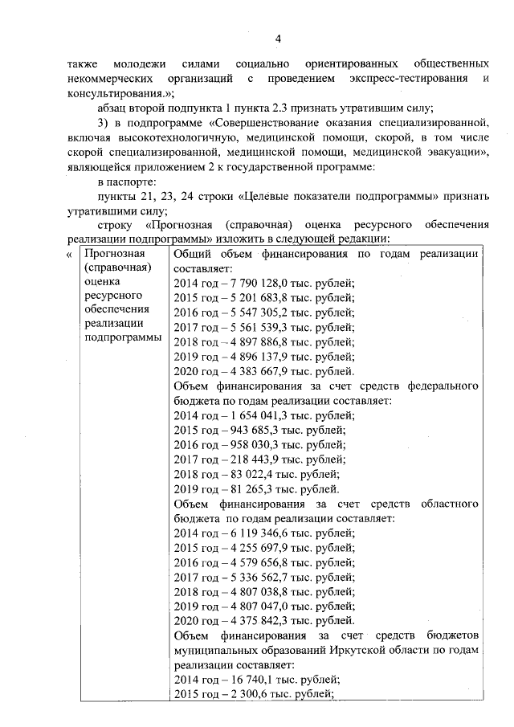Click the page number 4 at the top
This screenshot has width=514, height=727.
tap(276, 38)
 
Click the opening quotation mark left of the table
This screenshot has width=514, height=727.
tap(68, 254)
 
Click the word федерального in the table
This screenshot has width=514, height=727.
tap(446, 386)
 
